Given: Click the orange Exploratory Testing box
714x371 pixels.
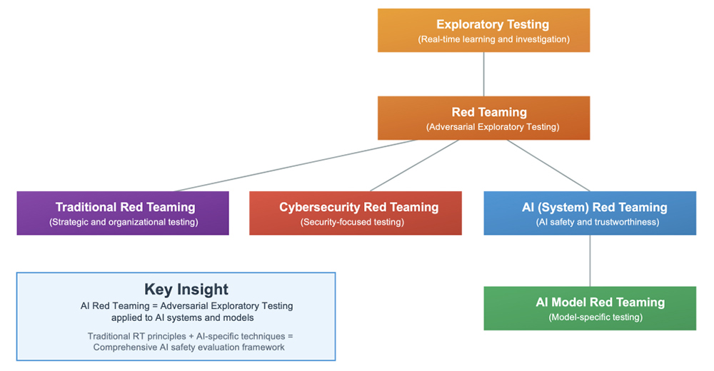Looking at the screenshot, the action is [x=483, y=30].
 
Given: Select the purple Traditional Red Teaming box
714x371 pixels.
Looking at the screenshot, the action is [x=123, y=213].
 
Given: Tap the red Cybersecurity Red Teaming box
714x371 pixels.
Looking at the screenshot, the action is [x=356, y=213].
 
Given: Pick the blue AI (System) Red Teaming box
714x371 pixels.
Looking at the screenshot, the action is [x=590, y=213].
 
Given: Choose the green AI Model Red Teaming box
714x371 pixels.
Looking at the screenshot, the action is [x=590, y=308].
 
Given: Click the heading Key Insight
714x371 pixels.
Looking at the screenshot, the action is [x=186, y=289].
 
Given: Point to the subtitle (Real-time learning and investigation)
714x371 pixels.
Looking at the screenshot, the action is [x=493, y=40].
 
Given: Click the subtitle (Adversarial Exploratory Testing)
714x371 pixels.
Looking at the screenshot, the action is [x=493, y=127].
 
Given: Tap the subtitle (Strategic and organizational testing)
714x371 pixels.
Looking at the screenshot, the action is [x=124, y=222].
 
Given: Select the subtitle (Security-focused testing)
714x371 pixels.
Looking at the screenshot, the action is [x=352, y=222].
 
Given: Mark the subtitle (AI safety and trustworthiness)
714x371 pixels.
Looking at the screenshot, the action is [x=598, y=222].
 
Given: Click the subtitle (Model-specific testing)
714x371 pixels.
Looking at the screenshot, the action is [x=595, y=317].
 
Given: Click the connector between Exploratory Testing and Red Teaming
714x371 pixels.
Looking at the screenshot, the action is [x=483, y=74].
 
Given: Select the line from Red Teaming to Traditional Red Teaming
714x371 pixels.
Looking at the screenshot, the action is [x=296, y=166].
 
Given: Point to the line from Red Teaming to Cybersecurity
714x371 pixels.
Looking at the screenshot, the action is [x=414, y=166].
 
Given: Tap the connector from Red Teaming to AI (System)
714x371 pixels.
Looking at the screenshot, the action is [x=548, y=166].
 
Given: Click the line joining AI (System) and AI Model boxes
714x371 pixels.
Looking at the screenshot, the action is [x=590, y=261].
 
